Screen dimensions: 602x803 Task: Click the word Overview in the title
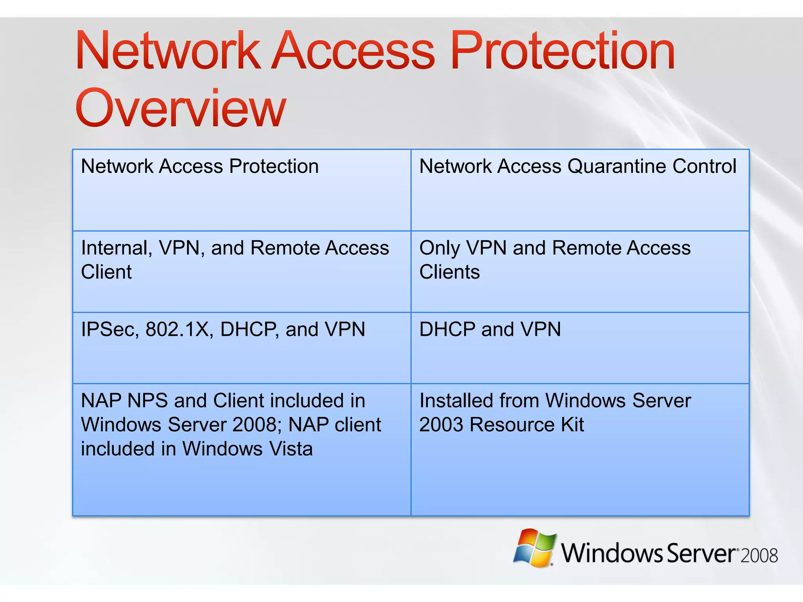click(180, 108)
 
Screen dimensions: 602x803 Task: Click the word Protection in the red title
click(563, 51)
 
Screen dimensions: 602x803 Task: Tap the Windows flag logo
click(535, 548)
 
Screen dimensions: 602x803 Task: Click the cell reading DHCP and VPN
click(490, 329)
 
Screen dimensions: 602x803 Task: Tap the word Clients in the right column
click(449, 272)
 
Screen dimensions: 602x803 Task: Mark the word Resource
click(512, 424)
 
